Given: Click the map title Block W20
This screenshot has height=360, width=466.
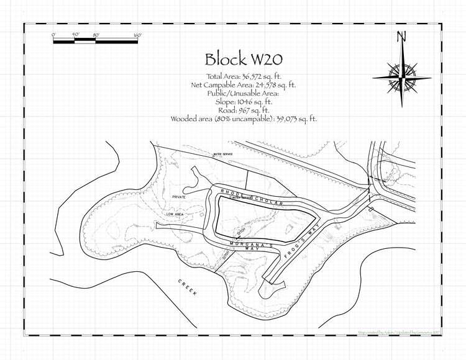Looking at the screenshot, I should (244, 59).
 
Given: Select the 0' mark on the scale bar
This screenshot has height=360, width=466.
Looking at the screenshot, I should (54, 35).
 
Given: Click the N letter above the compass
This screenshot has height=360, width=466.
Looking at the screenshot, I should (402, 37).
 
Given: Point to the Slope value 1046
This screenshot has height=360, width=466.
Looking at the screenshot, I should (259, 101).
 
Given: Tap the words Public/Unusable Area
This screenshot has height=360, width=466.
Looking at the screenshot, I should (243, 93).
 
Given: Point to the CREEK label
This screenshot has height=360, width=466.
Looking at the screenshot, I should (187, 289).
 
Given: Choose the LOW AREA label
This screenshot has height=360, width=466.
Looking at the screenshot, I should (174, 214).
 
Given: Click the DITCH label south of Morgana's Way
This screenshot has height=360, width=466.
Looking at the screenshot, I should (225, 256).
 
